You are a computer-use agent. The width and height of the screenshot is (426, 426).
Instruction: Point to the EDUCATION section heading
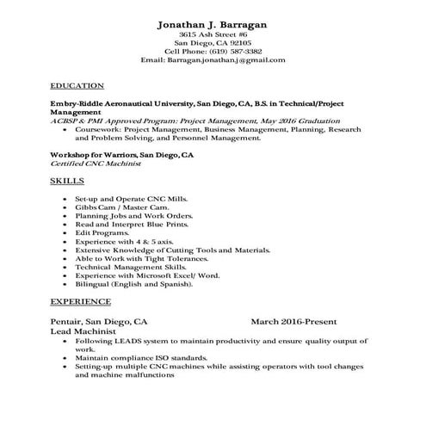click(x=77, y=86)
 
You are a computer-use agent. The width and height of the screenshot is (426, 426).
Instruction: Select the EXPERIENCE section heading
click(x=80, y=302)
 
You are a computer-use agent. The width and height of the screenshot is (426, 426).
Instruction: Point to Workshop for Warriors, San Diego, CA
click(x=121, y=154)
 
